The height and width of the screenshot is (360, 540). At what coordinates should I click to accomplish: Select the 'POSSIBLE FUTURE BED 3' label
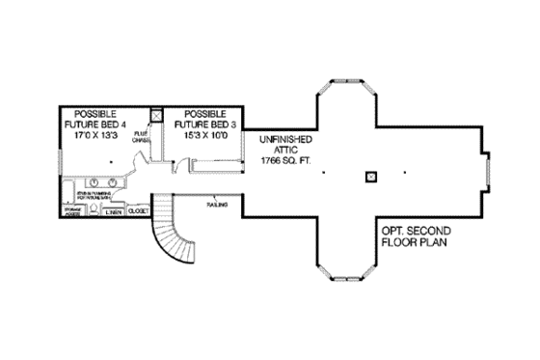pyautogui.click(x=204, y=119)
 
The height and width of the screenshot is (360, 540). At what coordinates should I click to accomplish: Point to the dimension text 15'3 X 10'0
pyautogui.click(x=203, y=135)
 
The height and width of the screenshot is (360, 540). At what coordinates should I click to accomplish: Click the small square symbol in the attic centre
pyautogui.click(x=370, y=176)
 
